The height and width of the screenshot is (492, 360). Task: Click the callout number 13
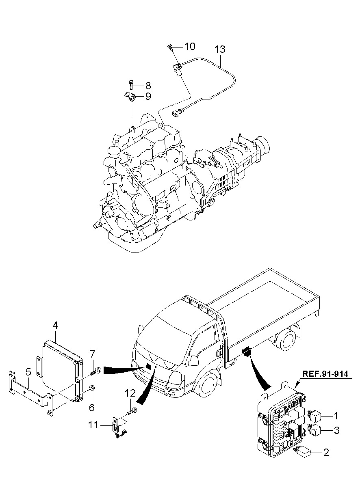click(220, 50)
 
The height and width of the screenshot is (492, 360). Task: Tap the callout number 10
click(190, 47)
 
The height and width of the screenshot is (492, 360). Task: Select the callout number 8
click(148, 86)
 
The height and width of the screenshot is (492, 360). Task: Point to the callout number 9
click(148, 96)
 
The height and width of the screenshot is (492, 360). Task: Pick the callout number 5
click(28, 372)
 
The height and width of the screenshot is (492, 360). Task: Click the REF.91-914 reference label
click(325, 374)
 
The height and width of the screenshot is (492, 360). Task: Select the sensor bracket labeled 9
click(129, 96)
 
